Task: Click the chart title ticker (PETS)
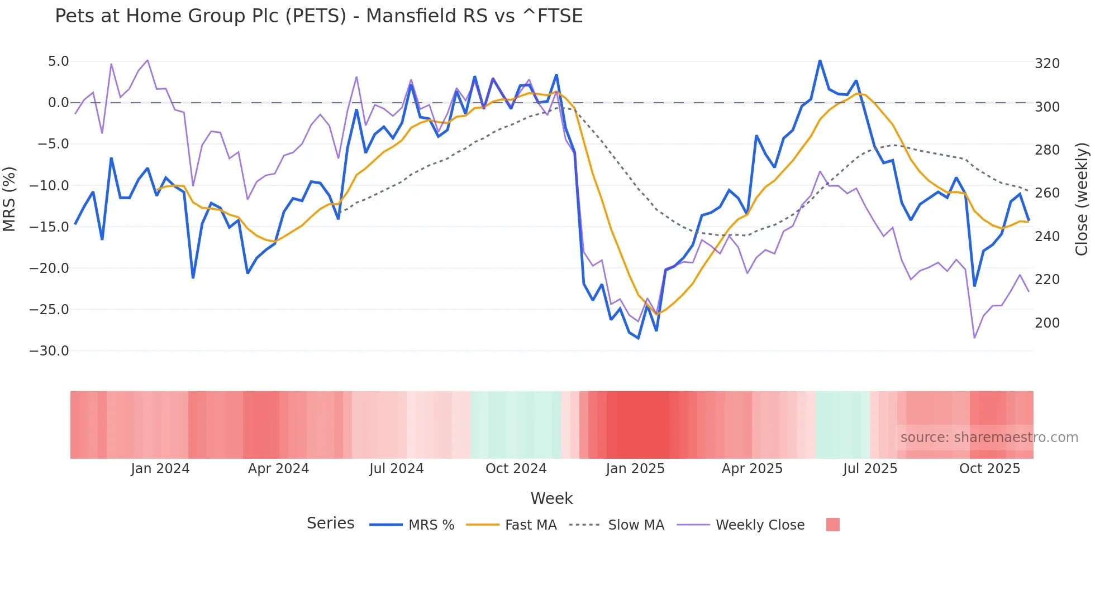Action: coord(316,16)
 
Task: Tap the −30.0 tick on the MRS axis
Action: coord(49,351)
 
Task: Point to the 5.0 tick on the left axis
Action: coord(58,61)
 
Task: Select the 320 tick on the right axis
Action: coord(1047,64)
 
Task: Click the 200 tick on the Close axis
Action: coord(1047,323)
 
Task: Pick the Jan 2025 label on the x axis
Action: coord(635,469)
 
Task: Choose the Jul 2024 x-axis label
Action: coord(396,469)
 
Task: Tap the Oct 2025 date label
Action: coord(989,469)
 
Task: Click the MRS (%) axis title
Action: coord(9,199)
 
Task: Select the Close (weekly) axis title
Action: coord(1082,199)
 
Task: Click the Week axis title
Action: coord(551,498)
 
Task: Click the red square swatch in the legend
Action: coord(832,525)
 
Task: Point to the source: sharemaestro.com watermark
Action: coord(989,438)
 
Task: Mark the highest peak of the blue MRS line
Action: coord(820,61)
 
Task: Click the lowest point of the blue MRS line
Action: coord(639,338)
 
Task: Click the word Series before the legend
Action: coord(330,523)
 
